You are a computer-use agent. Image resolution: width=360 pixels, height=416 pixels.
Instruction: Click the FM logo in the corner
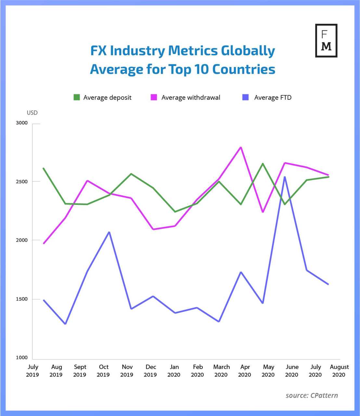pyautogui.click(x=326, y=41)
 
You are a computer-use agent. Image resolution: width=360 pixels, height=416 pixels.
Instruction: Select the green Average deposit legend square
pyautogui.click(x=77, y=97)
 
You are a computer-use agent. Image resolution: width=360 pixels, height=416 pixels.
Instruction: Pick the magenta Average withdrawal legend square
pyautogui.click(x=154, y=97)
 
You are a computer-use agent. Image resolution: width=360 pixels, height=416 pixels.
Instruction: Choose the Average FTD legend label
pyautogui.click(x=273, y=97)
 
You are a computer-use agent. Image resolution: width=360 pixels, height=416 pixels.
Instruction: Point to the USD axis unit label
pyautogui.click(x=32, y=113)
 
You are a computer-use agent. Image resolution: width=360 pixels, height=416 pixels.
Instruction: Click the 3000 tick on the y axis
pyautogui.click(x=22, y=123)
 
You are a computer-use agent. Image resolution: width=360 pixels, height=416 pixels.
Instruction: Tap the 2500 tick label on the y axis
pyautogui.click(x=22, y=181)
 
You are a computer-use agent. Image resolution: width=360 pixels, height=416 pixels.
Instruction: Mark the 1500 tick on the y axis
pyautogui.click(x=22, y=299)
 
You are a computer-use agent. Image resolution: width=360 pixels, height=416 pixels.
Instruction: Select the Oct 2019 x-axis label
pyautogui.click(x=103, y=370)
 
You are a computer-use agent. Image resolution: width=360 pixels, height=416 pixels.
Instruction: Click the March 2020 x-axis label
pyautogui.click(x=221, y=370)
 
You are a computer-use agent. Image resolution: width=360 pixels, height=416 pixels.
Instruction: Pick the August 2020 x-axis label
pyautogui.click(x=339, y=370)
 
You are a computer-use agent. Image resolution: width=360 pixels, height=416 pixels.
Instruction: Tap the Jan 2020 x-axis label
pyautogui.click(x=174, y=370)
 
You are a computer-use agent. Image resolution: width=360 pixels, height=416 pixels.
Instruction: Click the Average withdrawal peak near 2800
pyautogui.click(x=240, y=147)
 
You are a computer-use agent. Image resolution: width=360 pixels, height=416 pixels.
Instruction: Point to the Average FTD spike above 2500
pyautogui.click(x=285, y=177)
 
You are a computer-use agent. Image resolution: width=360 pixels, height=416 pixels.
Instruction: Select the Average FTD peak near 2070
pyautogui.click(x=109, y=232)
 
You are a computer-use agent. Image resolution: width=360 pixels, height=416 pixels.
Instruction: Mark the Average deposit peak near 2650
pyautogui.click(x=263, y=163)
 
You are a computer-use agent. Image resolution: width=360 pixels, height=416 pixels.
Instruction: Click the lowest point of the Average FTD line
pyautogui.click(x=65, y=324)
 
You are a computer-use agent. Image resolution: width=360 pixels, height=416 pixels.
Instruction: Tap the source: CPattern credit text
pyautogui.click(x=312, y=396)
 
